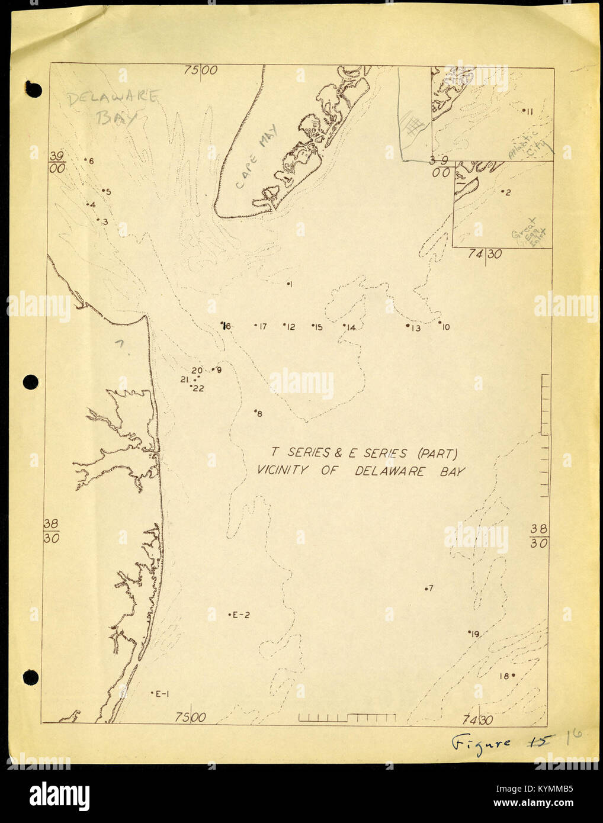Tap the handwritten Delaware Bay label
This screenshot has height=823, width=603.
coord(113,106)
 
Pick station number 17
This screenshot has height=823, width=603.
coord(261,326)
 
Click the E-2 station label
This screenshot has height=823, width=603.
coord(239,615)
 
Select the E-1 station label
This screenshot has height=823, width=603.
coord(161,694)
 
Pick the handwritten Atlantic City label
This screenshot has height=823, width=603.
coord(530,146)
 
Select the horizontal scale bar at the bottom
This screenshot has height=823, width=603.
coord(347,718)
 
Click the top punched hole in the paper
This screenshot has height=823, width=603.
coord(33,89)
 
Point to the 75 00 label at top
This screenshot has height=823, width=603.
coord(201,70)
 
